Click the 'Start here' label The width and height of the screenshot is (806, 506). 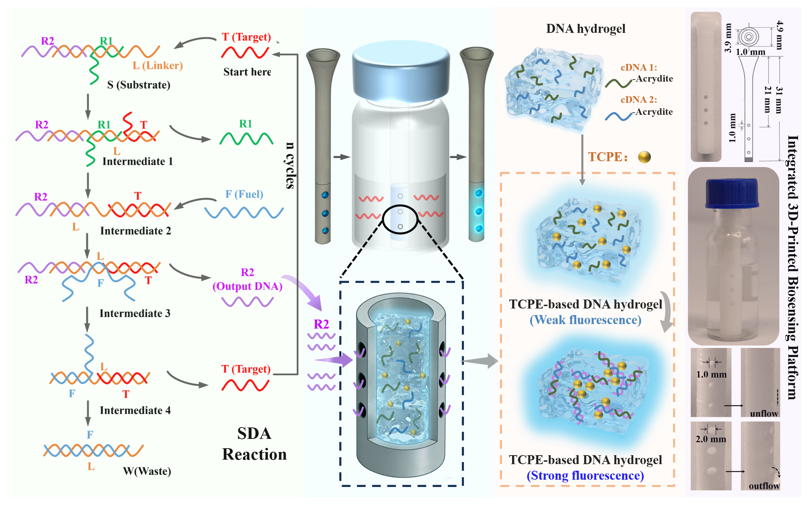pyautogui.click(x=247, y=72)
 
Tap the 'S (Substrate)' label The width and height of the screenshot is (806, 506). pyautogui.click(x=139, y=85)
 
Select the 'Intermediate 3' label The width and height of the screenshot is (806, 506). pyautogui.click(x=135, y=313)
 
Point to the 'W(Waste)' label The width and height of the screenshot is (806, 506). pyautogui.click(x=147, y=471)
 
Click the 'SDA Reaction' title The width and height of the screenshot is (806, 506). pyautogui.click(x=254, y=444)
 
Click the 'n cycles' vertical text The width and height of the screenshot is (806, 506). pyautogui.click(x=290, y=165)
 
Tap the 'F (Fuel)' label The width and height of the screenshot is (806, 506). pyautogui.click(x=244, y=194)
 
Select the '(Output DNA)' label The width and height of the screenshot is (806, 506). pyautogui.click(x=248, y=286)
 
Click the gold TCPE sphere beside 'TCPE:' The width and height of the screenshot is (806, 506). pyautogui.click(x=644, y=157)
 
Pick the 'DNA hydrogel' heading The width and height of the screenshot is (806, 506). pyautogui.click(x=586, y=29)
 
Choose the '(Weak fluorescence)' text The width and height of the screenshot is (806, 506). pyautogui.click(x=585, y=320)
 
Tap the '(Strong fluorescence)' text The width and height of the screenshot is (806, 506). pyautogui.click(x=585, y=476)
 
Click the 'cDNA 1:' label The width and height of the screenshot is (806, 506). pyautogui.click(x=639, y=67)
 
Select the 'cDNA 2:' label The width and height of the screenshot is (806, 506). pyautogui.click(x=639, y=100)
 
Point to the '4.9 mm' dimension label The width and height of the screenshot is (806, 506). pyautogui.click(x=779, y=35)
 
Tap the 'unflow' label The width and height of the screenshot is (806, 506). pyautogui.click(x=764, y=414)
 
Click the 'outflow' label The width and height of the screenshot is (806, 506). pyautogui.click(x=764, y=486)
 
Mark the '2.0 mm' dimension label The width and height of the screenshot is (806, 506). pyautogui.click(x=711, y=439)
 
